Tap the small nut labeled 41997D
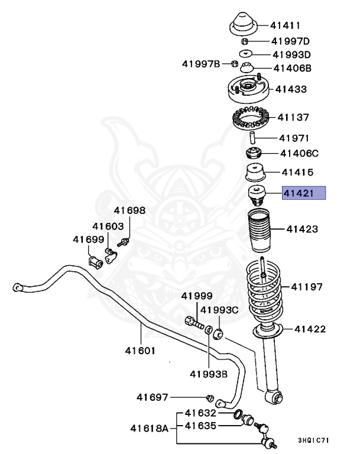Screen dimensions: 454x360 (244, 41)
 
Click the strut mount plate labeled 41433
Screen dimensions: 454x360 (249, 90)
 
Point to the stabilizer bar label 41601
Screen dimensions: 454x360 (140, 351)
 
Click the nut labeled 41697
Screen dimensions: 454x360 (210, 396)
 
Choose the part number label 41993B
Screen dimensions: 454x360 (209, 374)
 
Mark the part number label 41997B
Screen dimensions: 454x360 (201, 64)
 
